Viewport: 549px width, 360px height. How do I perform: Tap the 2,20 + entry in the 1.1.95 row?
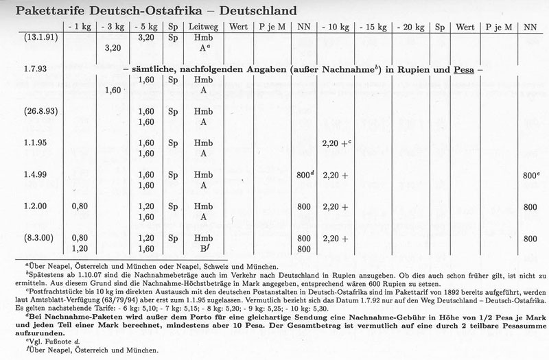[x=336, y=143]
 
